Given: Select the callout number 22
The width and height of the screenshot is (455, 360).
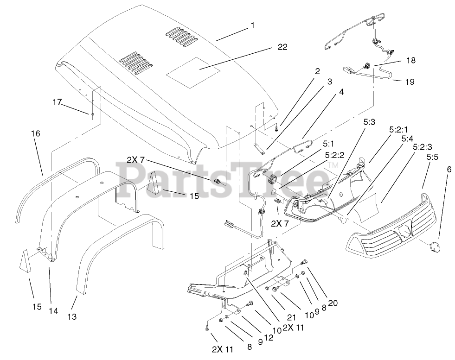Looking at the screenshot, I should [282, 47].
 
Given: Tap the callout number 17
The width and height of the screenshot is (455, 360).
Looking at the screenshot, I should [57, 103].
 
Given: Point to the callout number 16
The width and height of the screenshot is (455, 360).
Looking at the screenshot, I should [36, 133].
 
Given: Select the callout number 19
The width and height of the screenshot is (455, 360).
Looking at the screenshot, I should [409, 82].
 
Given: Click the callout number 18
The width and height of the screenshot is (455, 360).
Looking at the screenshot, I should [410, 60].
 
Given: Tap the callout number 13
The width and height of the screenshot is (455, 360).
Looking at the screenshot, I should [71, 317].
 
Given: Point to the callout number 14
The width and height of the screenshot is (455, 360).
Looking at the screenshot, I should [53, 311].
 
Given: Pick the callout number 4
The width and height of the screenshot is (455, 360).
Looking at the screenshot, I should [341, 92].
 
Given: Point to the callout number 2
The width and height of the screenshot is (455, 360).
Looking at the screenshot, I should [317, 71].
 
